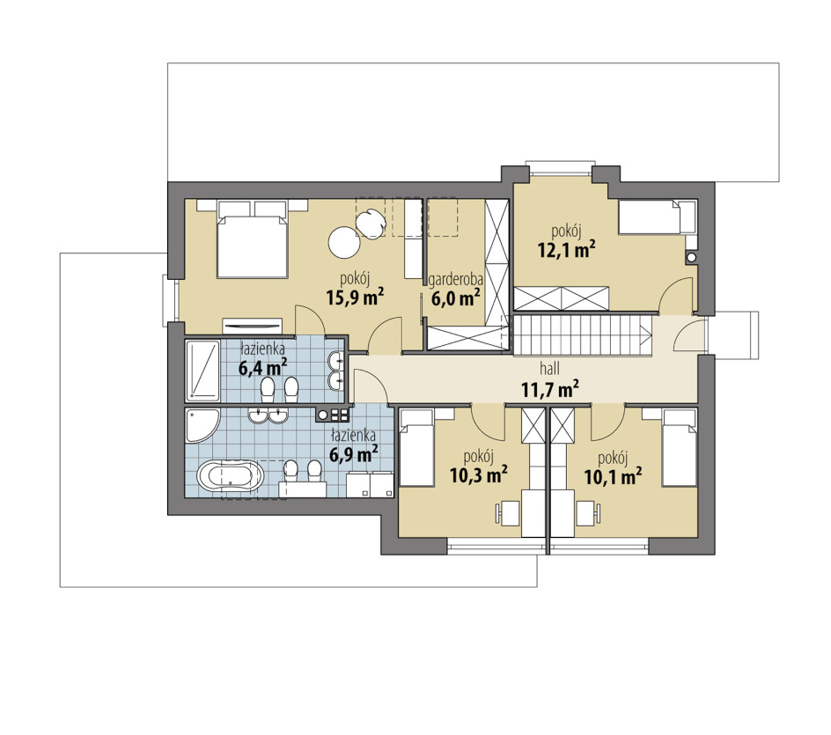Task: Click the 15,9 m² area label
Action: [x=355, y=298]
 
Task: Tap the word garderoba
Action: [x=456, y=279]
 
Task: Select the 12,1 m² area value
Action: [x=567, y=249]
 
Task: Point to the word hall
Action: [x=549, y=367]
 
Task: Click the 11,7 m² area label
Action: [x=549, y=389]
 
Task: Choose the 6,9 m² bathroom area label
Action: [x=354, y=453]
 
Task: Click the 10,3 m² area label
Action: [x=479, y=474]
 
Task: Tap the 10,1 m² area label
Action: [x=614, y=475]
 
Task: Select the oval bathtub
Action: [x=230, y=475]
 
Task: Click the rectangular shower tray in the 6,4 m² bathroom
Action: [x=202, y=371]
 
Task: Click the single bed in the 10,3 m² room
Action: [x=417, y=448]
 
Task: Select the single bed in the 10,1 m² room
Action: [x=679, y=448]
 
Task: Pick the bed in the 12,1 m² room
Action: [x=657, y=217]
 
